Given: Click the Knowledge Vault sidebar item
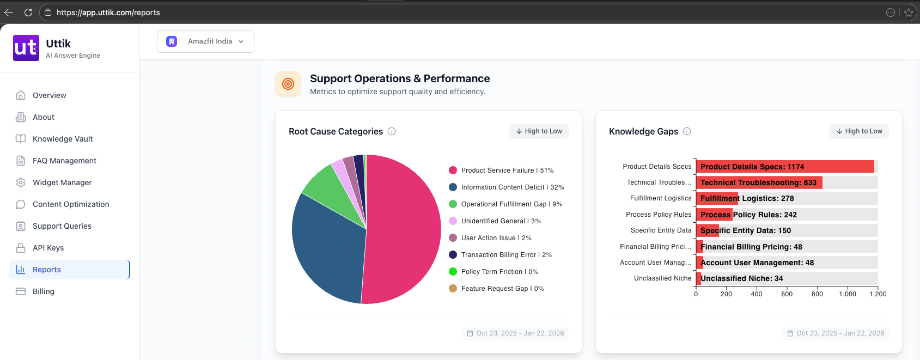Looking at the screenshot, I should [62, 139].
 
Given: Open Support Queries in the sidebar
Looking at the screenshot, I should [62, 226].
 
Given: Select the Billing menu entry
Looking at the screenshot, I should [43, 291].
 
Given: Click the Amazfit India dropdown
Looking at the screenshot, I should [205, 41].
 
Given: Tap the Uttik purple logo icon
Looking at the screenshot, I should [26, 48].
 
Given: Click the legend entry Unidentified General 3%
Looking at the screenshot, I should [500, 221].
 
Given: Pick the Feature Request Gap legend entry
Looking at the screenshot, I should [502, 289].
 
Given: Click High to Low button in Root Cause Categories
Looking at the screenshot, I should [539, 131].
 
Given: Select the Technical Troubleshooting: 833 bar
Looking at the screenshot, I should [759, 182].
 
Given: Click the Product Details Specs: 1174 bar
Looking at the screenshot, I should [784, 167].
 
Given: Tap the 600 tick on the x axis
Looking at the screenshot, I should [787, 294].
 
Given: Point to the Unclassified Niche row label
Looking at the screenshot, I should [662, 278].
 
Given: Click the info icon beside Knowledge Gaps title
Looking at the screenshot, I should [687, 131].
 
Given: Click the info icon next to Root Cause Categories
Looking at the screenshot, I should [392, 131].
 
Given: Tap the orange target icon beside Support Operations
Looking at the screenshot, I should [288, 84].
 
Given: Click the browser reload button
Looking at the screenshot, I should [28, 13].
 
